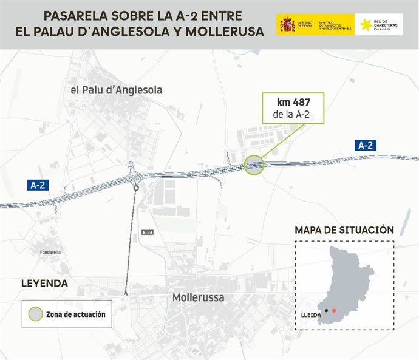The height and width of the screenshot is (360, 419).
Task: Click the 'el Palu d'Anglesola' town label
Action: [117, 90]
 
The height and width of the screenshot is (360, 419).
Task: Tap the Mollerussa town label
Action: [198, 298]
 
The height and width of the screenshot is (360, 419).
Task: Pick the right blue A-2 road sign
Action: [366, 145]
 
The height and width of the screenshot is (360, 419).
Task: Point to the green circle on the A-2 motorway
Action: [254, 165]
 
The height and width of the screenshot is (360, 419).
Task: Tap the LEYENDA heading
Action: [44, 284]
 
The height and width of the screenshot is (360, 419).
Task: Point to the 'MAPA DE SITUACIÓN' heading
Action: [344, 230]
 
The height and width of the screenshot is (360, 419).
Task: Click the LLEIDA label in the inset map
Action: [311, 316]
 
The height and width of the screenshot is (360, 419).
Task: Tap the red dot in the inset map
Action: [334, 311]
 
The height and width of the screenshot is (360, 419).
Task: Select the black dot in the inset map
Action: [326, 311]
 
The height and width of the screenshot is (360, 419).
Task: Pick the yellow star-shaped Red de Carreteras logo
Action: [366, 25]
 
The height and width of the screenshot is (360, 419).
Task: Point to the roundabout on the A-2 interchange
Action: [131, 165]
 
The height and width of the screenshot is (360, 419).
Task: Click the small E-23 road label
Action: [147, 233]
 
